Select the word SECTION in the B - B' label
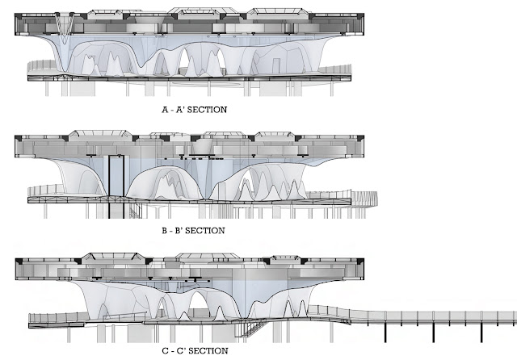[204, 230]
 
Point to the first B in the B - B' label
[164, 230]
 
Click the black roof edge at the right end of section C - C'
[354, 266]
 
